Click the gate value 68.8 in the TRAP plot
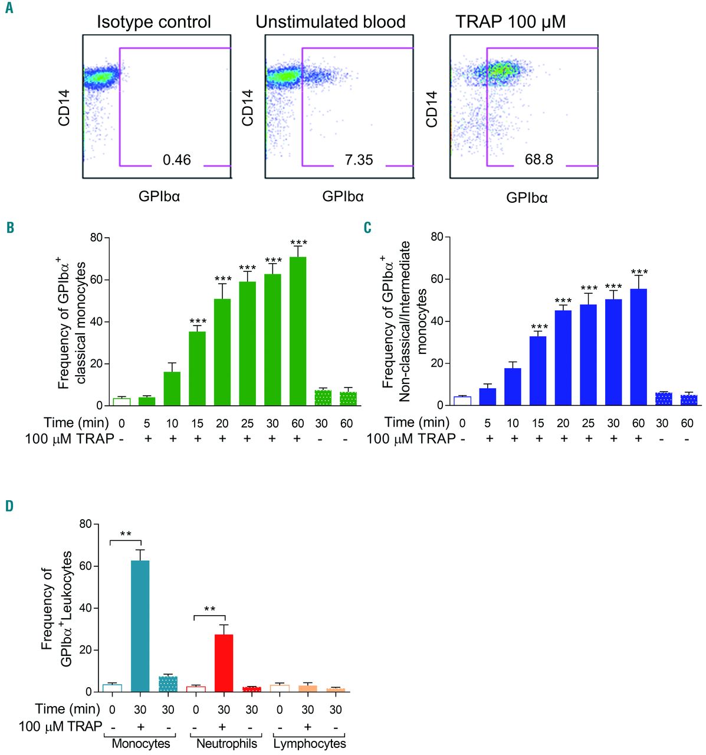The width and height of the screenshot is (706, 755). pos(538,159)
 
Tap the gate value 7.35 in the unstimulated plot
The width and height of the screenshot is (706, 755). pos(359,159)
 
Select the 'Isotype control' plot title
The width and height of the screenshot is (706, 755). pos(153,22)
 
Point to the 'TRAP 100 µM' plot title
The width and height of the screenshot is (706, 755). pos(510,22)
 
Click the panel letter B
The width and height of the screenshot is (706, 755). pos(10,227)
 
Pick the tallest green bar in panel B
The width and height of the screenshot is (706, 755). pos(298,331)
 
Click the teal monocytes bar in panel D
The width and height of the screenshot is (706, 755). pos(140,626)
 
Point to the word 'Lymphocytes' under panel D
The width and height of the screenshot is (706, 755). pos(310,743)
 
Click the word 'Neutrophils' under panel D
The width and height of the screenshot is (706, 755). pos(226,743)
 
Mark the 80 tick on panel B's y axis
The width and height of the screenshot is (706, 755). pos(96,238)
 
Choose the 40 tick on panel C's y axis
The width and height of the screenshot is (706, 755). pos(436,321)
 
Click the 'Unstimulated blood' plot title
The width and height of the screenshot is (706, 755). pos(330,22)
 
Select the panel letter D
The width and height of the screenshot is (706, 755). pos(10,507)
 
